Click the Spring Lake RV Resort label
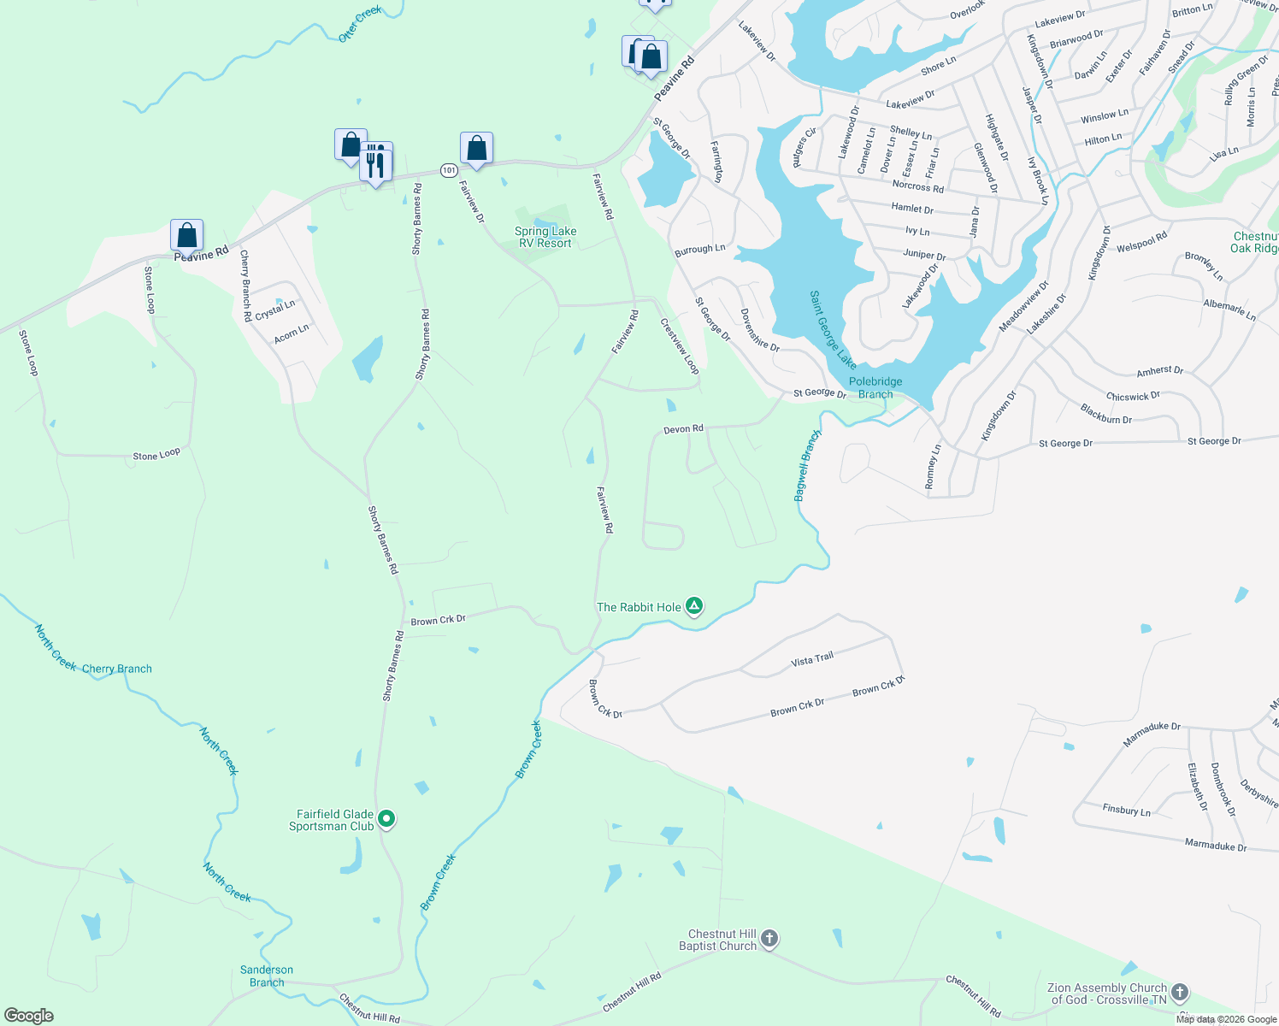[545, 237]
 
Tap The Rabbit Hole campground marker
[694, 607]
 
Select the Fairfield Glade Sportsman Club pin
[386, 819]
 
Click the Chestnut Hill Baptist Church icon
[769, 940]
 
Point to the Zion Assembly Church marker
[1180, 993]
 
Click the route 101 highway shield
[449, 170]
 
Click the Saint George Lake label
[833, 330]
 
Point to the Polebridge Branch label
[875, 388]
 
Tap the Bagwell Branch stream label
[806, 466]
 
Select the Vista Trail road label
[812, 659]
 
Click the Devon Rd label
[683, 429]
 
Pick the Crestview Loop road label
[680, 346]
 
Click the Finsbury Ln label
[1126, 810]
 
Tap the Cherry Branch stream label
[117, 669]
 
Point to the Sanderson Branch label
[267, 976]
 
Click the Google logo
[29, 1016]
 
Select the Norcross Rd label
[917, 186]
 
